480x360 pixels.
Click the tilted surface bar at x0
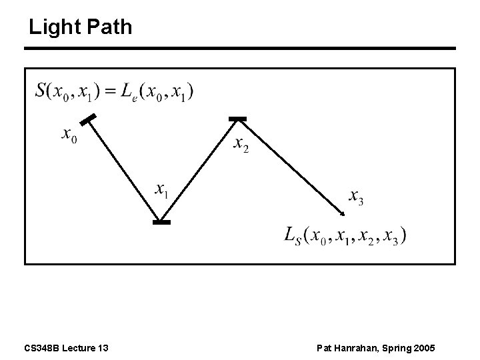tap(87, 120)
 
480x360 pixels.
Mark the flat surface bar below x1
tap(161, 222)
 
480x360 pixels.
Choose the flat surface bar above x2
tap(237, 119)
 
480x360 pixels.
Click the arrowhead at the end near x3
tap(341, 213)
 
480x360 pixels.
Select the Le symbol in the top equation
tap(130, 92)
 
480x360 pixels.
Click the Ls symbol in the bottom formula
tap(294, 235)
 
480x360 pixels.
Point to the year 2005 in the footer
tap(425, 348)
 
